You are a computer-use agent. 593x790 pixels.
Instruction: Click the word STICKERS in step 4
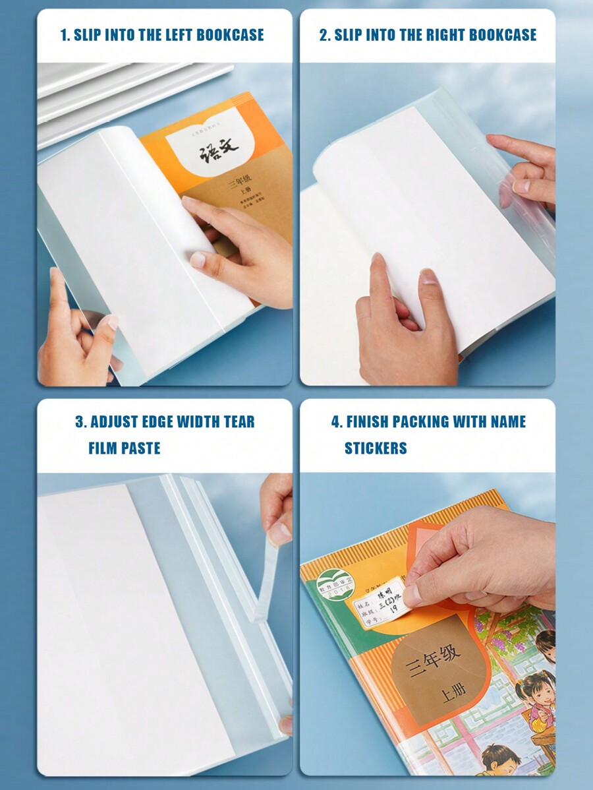(x=376, y=448)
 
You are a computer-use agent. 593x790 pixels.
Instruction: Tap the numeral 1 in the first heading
(x=64, y=35)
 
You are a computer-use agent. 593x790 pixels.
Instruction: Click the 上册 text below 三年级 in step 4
(x=453, y=694)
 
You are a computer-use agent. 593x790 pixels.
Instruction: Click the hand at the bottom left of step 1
(x=76, y=343)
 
